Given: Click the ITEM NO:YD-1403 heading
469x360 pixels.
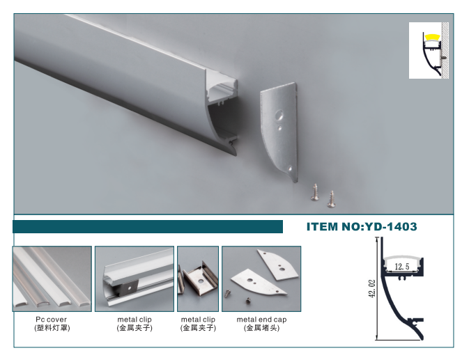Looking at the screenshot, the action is [362, 227].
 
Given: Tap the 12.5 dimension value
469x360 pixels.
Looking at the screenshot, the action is [401, 266].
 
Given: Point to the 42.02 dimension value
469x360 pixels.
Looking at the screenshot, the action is [372, 289].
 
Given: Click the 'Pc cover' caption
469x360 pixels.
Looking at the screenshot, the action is [51, 320].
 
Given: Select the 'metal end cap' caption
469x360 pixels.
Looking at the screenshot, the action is [261, 320].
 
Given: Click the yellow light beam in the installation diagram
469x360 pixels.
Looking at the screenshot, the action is [433, 38].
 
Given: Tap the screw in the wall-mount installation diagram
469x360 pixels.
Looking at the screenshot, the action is [443, 56].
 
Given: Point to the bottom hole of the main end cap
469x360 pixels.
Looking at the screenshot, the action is [289, 169].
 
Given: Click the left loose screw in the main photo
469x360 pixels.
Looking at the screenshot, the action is [314, 192].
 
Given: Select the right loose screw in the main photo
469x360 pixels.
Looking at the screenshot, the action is [331, 199].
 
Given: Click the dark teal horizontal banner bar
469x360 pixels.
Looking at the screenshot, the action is [148, 227].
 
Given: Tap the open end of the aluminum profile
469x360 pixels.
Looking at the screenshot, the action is [222, 114].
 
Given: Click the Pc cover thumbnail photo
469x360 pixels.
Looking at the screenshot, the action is [52, 279].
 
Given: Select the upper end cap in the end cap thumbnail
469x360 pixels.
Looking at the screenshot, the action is [277, 265].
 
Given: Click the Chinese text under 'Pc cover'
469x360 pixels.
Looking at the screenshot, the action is [52, 328].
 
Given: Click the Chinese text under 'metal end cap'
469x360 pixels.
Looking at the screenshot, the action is [262, 328].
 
